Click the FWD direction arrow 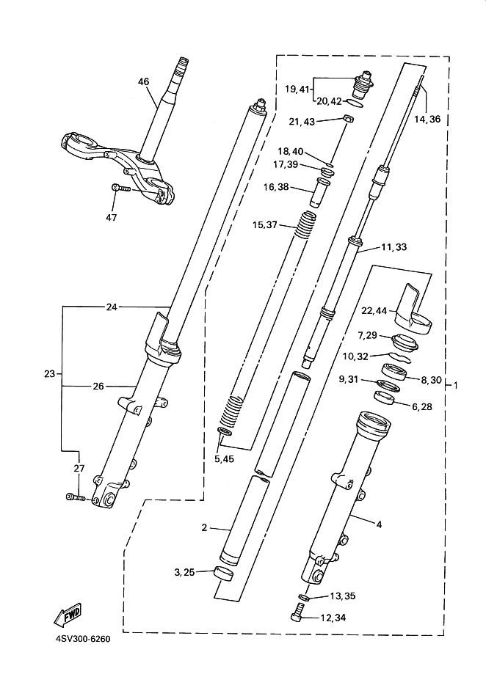[67, 615]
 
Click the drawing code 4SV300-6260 [83, 639]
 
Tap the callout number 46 [144, 81]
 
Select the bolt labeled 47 [121, 188]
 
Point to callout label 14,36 [427, 119]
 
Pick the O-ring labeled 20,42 [355, 103]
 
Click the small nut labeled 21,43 [348, 119]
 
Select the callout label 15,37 [265, 225]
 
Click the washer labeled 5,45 [225, 433]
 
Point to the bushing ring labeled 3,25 [223, 574]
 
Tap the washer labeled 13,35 [304, 597]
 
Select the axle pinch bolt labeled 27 [79, 497]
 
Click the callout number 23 [50, 374]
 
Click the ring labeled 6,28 [384, 398]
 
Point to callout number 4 [380, 524]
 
